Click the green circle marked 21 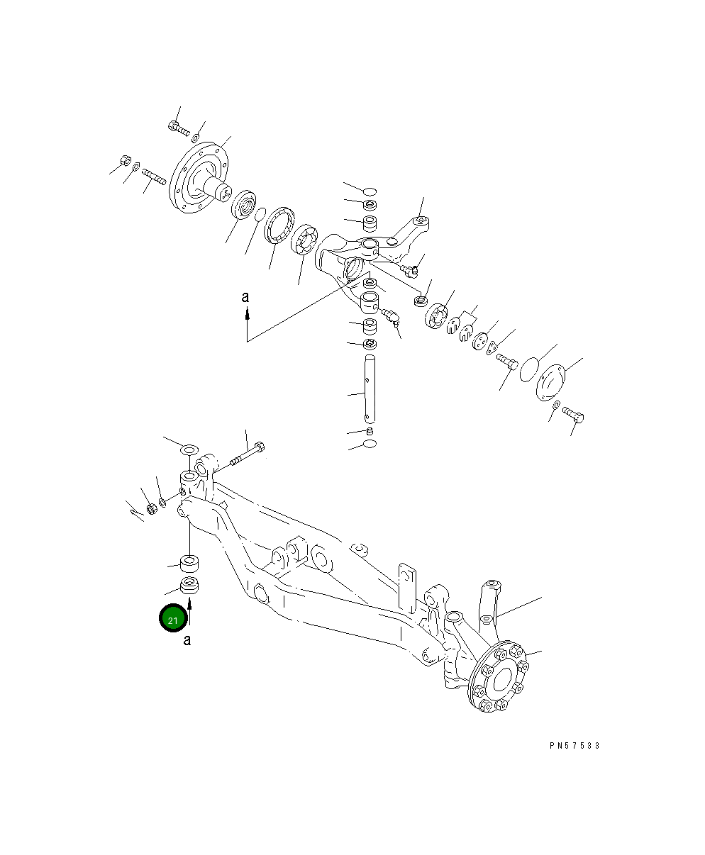(x=173, y=619)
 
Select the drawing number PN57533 (x=574, y=746)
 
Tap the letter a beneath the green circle (x=187, y=641)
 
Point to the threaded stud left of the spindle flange (x=154, y=177)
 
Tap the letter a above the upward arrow (x=245, y=298)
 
